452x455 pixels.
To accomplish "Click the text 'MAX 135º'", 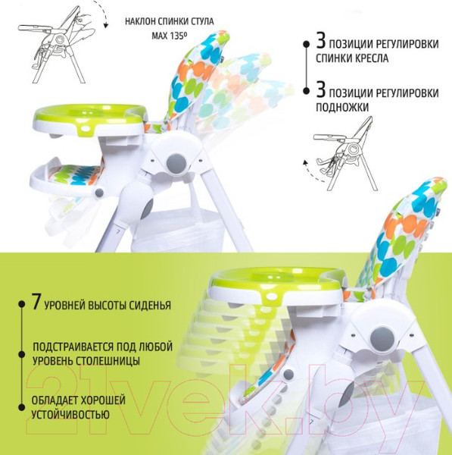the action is click(169, 36).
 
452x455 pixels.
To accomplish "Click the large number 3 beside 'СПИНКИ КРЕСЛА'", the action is click(321, 41).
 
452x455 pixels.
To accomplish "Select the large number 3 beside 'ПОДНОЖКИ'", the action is click(321, 89).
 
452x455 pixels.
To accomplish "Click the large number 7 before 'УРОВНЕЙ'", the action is click(36, 302).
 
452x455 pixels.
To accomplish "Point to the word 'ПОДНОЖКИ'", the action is click(342, 108).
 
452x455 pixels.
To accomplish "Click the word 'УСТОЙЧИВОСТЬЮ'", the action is click(70, 414).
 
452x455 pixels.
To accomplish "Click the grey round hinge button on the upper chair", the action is click(176, 163).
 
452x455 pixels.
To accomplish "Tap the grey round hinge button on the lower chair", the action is click(383, 339).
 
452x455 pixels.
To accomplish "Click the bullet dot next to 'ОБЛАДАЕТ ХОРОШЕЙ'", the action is click(21, 407).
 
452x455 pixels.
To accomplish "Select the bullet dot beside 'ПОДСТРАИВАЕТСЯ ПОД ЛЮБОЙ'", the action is click(21, 354).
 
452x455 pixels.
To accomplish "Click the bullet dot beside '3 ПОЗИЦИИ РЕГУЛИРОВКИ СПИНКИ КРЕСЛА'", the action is click(307, 44).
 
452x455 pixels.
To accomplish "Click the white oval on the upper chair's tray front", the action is click(86, 128).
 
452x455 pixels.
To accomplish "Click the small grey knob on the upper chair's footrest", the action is click(99, 193).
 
